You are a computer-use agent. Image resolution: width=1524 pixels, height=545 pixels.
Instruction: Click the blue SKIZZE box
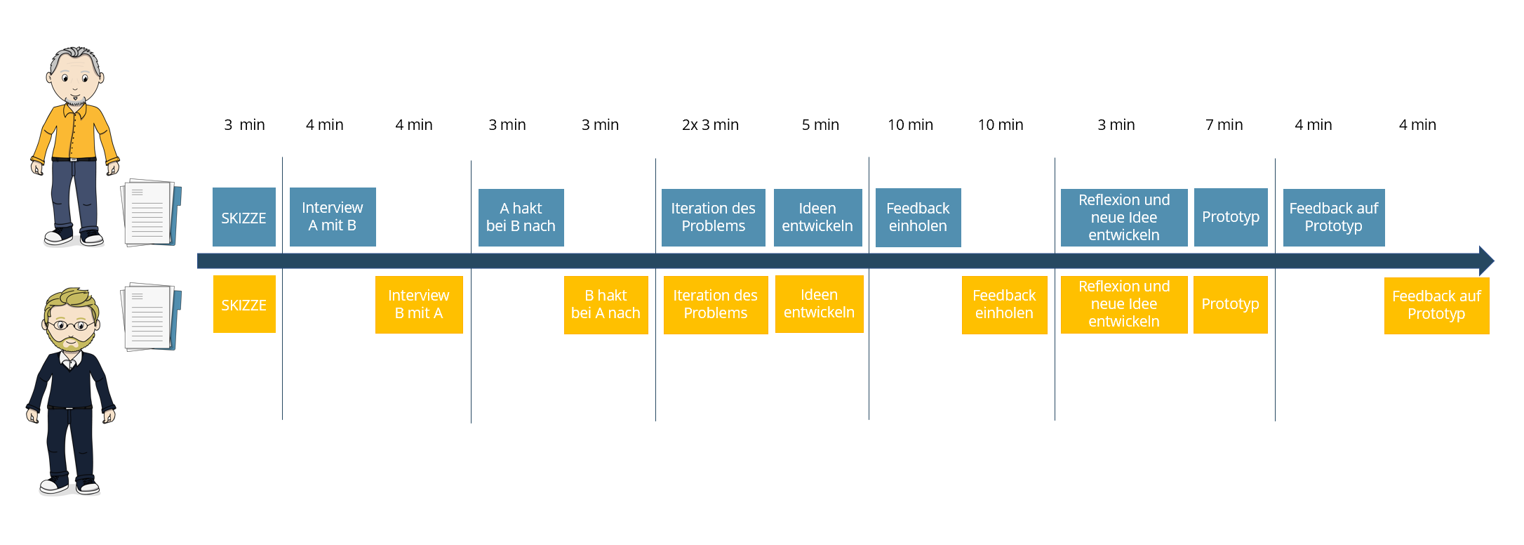tap(244, 217)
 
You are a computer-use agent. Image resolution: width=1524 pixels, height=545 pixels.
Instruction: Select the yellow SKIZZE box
tap(244, 304)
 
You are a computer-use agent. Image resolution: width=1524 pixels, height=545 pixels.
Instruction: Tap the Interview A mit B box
tap(333, 217)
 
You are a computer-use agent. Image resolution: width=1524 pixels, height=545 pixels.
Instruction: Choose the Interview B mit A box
tap(419, 305)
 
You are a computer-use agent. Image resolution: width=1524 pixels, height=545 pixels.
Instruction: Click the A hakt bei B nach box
tap(521, 218)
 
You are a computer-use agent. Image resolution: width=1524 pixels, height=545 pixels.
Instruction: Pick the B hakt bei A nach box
tap(606, 305)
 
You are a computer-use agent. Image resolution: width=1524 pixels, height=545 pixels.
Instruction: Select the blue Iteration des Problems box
tap(713, 218)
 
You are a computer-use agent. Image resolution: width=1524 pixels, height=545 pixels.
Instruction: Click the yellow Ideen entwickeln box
tap(820, 304)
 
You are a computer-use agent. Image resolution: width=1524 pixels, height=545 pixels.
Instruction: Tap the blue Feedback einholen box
tap(918, 218)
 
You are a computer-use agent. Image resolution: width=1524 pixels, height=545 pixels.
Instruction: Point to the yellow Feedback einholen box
tap(1004, 305)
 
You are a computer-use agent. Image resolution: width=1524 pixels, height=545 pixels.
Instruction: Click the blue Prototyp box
tap(1231, 217)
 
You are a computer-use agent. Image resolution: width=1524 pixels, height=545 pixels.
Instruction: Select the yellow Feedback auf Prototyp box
tap(1436, 306)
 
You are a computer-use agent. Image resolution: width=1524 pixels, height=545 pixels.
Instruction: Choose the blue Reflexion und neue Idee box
tap(1124, 218)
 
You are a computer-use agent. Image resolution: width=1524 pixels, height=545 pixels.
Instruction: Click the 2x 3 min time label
tap(710, 125)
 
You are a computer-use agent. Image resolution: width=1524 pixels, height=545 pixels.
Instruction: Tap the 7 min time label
tap(1224, 125)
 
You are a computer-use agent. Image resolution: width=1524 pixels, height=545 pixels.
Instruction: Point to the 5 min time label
tap(820, 125)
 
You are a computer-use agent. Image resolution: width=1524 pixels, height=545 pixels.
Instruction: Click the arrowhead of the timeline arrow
tap(1486, 261)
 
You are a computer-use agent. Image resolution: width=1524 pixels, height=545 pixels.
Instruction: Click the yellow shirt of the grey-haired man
tap(74, 133)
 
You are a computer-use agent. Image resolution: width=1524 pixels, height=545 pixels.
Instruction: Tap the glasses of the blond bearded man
tap(70, 325)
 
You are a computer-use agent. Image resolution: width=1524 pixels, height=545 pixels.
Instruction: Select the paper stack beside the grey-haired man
tap(151, 213)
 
